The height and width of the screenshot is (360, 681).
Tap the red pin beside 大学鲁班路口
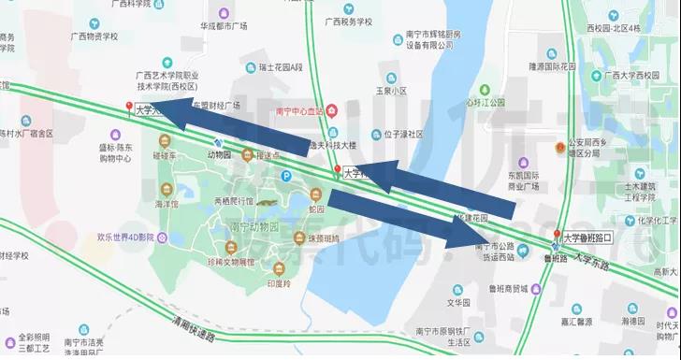pyautogui.click(x=558, y=234)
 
